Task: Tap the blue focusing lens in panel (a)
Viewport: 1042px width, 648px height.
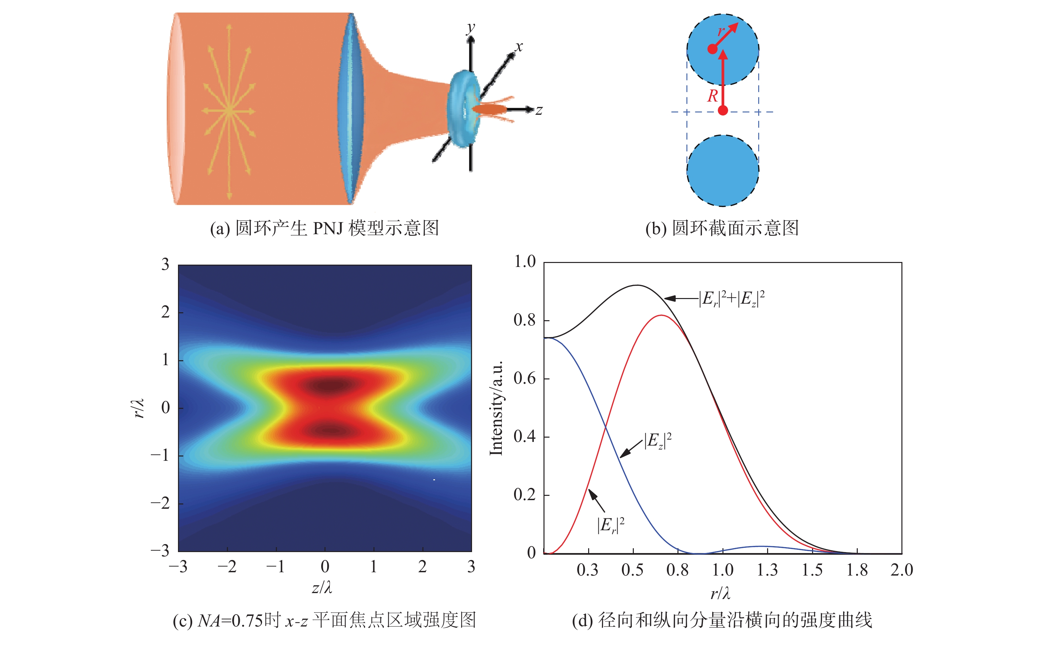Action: pos(350,108)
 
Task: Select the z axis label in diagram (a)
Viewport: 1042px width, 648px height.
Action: pos(539,110)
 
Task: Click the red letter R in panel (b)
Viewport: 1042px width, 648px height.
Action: pos(712,96)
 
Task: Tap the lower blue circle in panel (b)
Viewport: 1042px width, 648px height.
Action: pos(723,171)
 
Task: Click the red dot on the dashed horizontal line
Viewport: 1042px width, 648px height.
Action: pos(723,110)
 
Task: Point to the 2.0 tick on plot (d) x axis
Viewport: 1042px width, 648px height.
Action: pos(901,570)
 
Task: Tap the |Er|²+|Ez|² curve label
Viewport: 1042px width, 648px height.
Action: pos(732,299)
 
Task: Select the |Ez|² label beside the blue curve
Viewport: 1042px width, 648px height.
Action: pos(658,441)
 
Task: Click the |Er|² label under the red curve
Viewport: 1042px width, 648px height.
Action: pos(611,525)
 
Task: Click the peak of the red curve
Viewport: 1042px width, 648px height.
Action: pos(662,316)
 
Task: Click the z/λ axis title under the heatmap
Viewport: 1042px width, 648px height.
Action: pos(322,587)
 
